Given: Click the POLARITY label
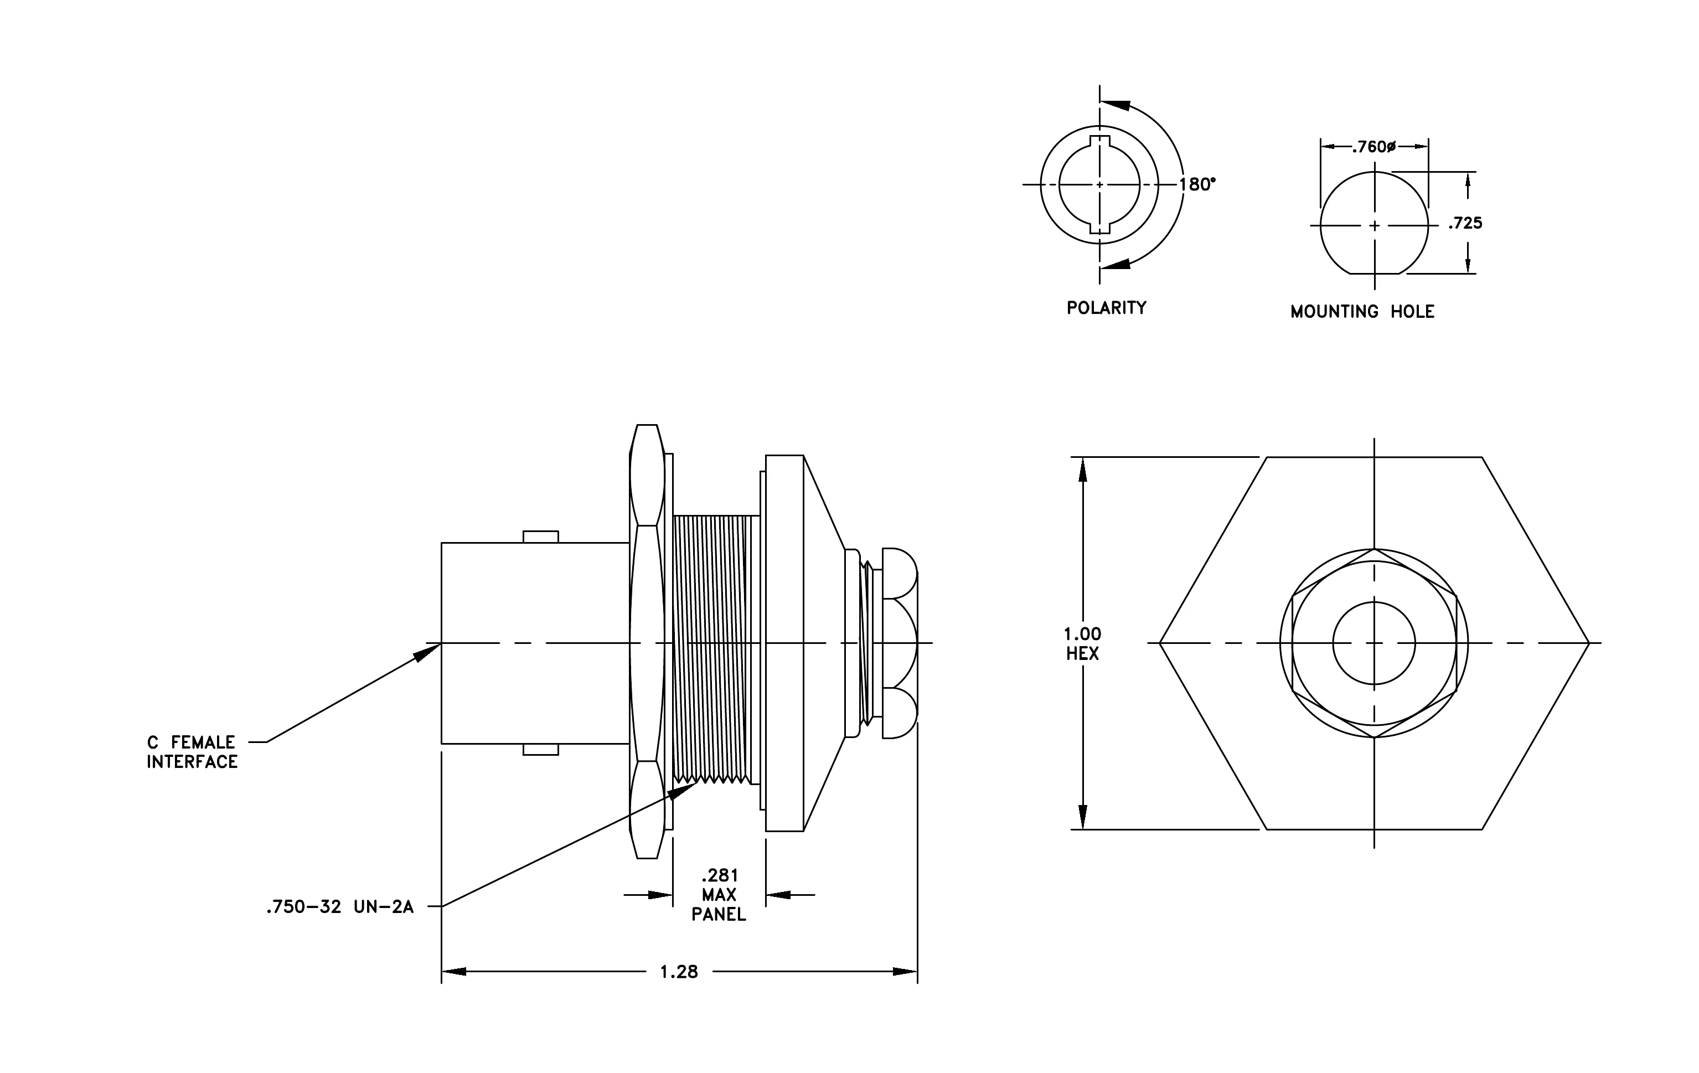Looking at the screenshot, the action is click(1106, 308).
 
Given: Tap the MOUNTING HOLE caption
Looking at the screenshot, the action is click(1362, 312).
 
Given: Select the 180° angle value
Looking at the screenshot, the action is click(1197, 184).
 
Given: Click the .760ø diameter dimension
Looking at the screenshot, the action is click(1373, 147).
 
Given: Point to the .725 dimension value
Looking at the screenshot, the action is click(1465, 224).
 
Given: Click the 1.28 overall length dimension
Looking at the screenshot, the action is click(679, 972).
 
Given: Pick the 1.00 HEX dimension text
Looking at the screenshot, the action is click(1082, 643).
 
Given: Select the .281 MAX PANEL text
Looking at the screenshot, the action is click(719, 895).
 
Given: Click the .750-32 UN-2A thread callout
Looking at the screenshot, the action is click(339, 907).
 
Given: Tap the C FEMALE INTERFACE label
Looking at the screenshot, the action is click(192, 752).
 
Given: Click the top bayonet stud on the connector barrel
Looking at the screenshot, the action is click(540, 537).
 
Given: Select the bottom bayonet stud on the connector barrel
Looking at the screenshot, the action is click(540, 749).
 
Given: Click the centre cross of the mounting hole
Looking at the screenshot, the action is click(1373, 226).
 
